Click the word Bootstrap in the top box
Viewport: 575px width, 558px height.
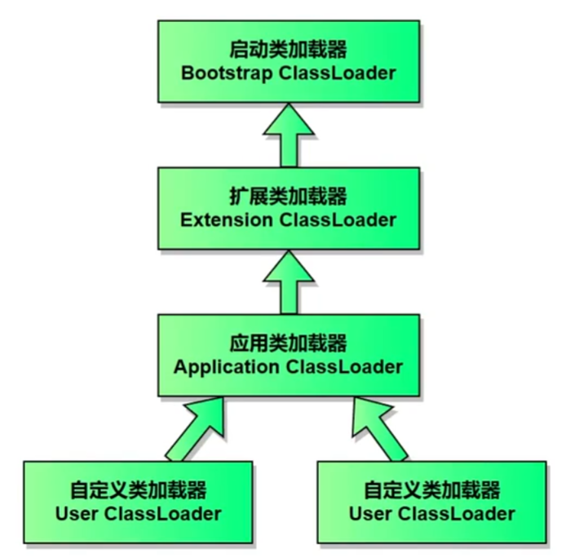click(227, 73)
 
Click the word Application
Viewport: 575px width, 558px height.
click(227, 366)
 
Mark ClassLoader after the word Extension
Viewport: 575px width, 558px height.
click(338, 219)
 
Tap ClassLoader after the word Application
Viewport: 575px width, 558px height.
click(343, 366)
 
